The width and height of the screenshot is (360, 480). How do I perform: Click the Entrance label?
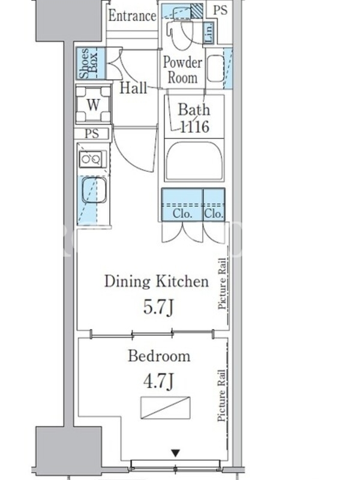[132, 16]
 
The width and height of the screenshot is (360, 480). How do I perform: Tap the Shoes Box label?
[88, 63]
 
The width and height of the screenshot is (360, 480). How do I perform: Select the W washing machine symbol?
[93, 104]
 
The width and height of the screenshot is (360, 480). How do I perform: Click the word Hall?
[133, 88]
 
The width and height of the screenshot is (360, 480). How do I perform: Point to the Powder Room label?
[182, 70]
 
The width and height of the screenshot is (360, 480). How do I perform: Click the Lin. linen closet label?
[209, 33]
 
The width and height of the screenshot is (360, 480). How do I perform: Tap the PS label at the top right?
[220, 10]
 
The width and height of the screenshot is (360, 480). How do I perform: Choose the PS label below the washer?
[92, 134]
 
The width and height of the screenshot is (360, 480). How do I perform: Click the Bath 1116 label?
[194, 118]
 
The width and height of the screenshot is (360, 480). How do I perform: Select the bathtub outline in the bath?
[194, 160]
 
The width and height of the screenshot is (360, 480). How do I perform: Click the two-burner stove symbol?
[91, 159]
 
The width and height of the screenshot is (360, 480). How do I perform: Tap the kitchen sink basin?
[94, 190]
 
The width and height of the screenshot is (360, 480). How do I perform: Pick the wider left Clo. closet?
[182, 204]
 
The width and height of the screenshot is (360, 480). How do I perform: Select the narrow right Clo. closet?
[214, 204]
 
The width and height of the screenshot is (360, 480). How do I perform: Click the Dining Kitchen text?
[157, 281]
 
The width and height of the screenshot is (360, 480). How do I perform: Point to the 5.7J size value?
[158, 307]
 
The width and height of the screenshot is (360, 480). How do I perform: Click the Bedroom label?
[159, 356]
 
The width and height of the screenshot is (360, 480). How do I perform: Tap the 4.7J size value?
[158, 381]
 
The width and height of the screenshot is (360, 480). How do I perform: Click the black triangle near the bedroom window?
[175, 453]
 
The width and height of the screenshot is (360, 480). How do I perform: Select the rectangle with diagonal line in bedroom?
[166, 408]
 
